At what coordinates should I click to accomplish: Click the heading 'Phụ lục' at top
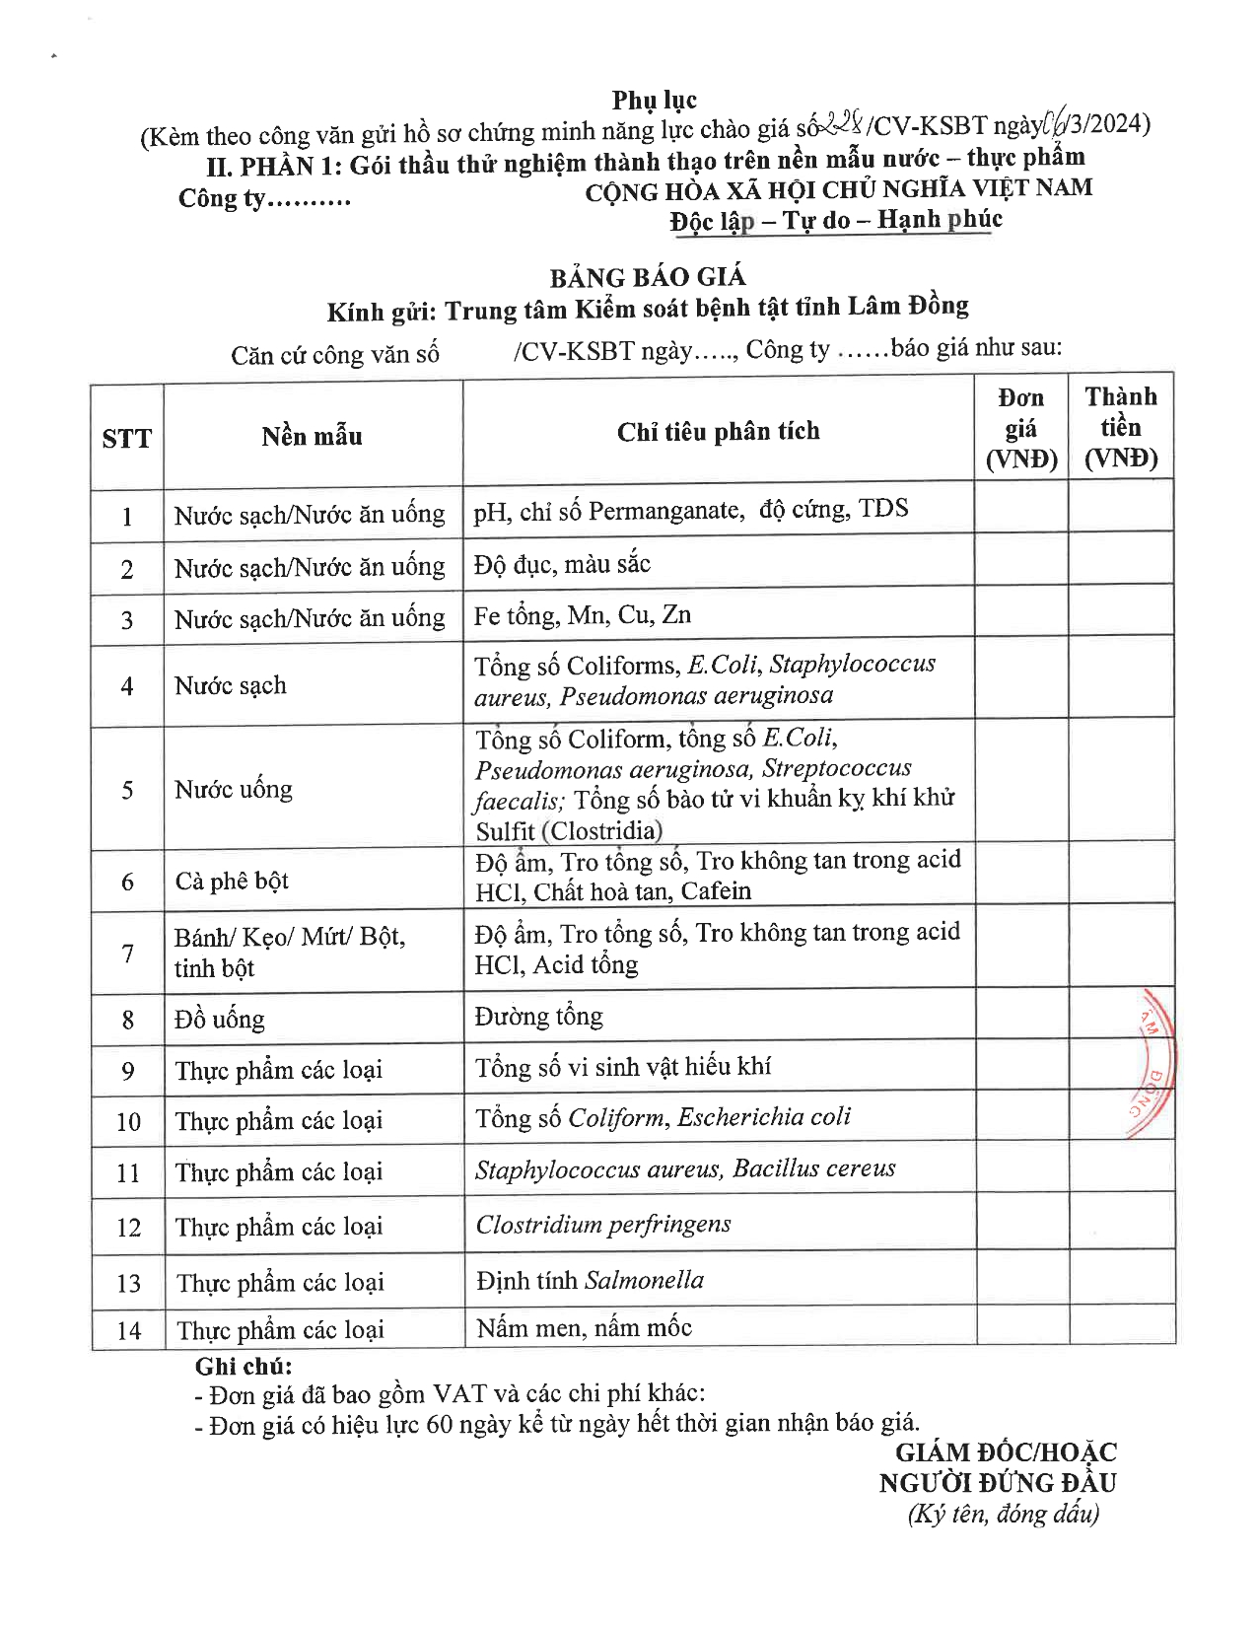[654, 100]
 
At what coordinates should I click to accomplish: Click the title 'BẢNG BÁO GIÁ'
[648, 277]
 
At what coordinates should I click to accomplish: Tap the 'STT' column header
[126, 438]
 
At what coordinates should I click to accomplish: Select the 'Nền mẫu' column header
[312, 436]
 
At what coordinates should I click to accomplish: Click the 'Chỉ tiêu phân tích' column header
[718, 431]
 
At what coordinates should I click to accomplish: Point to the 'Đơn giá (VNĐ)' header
[1021, 428]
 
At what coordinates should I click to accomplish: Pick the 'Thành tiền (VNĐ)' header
[1121, 427]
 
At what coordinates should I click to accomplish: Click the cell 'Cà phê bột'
[232, 881]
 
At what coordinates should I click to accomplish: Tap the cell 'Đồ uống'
[220, 1019]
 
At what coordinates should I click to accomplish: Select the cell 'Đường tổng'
[538, 1016]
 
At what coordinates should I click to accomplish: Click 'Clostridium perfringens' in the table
[603, 1224]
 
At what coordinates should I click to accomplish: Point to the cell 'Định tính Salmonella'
[590, 1280]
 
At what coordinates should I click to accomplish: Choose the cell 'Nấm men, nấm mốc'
[584, 1327]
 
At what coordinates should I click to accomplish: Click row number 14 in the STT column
[129, 1330]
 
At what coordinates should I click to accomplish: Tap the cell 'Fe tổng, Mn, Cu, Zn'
[582, 615]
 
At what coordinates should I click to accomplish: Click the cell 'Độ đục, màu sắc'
[562, 564]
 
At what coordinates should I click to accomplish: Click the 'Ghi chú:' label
[244, 1366]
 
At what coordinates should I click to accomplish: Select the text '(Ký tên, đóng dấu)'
[1003, 1514]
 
